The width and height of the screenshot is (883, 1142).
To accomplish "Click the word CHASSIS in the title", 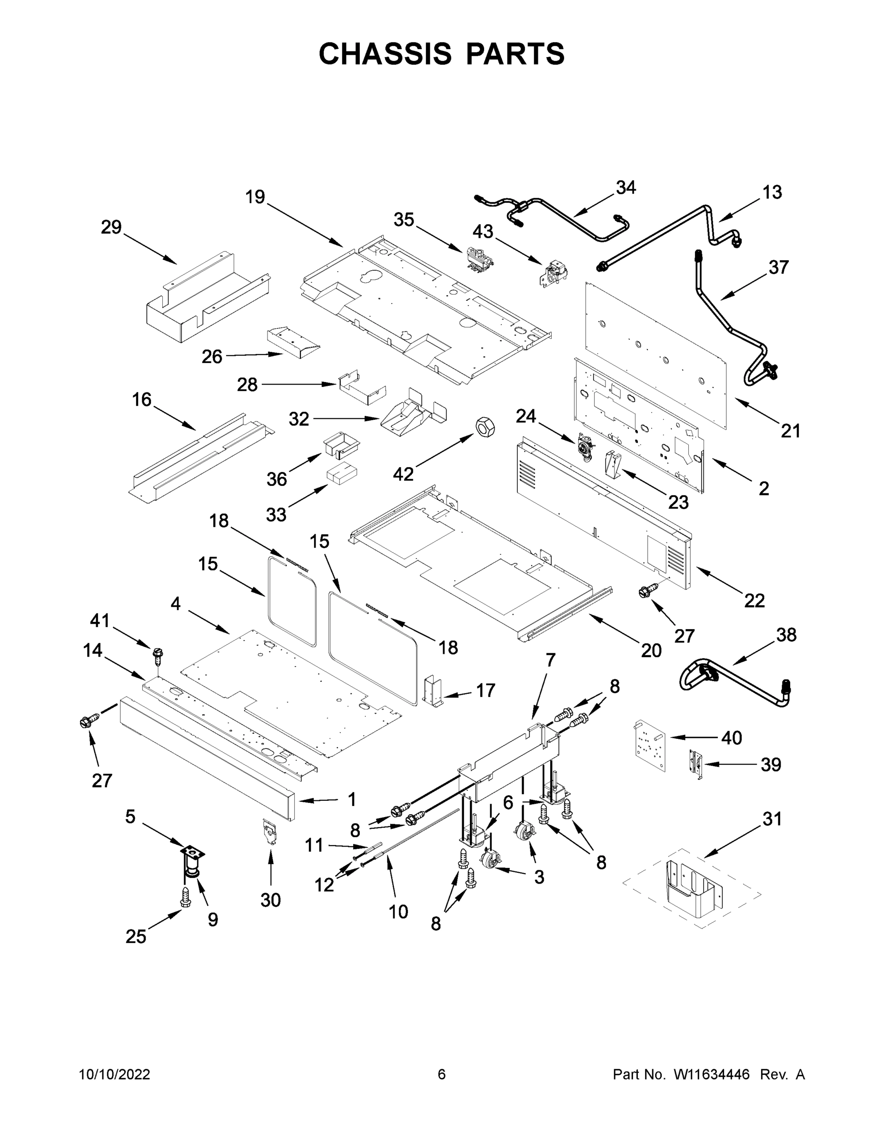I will coord(385,54).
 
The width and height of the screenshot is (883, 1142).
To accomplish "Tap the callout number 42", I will coord(403,474).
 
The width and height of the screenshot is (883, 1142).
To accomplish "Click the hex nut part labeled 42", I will coord(485,427).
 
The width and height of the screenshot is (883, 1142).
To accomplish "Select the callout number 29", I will coord(111,227).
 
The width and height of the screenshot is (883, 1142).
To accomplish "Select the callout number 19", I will coord(255,197).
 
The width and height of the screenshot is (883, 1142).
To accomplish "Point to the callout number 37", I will coord(778,267).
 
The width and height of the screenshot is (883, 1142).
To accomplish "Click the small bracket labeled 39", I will coord(695,766).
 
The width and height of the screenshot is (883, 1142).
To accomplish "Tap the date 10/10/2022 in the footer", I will coord(115,1074).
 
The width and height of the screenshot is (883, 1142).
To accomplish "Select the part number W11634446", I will coord(712,1074).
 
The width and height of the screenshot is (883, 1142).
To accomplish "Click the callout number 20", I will coord(651,650).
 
